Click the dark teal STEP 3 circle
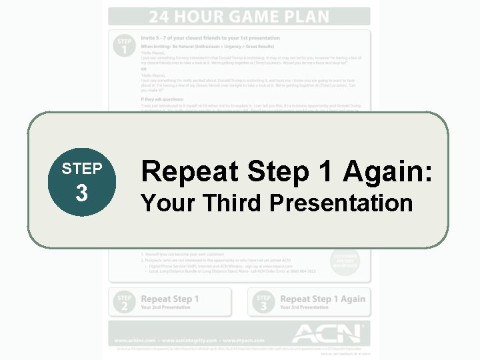(82, 181)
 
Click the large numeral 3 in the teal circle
(82, 193)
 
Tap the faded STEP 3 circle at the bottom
(264, 302)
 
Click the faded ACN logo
(327, 332)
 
